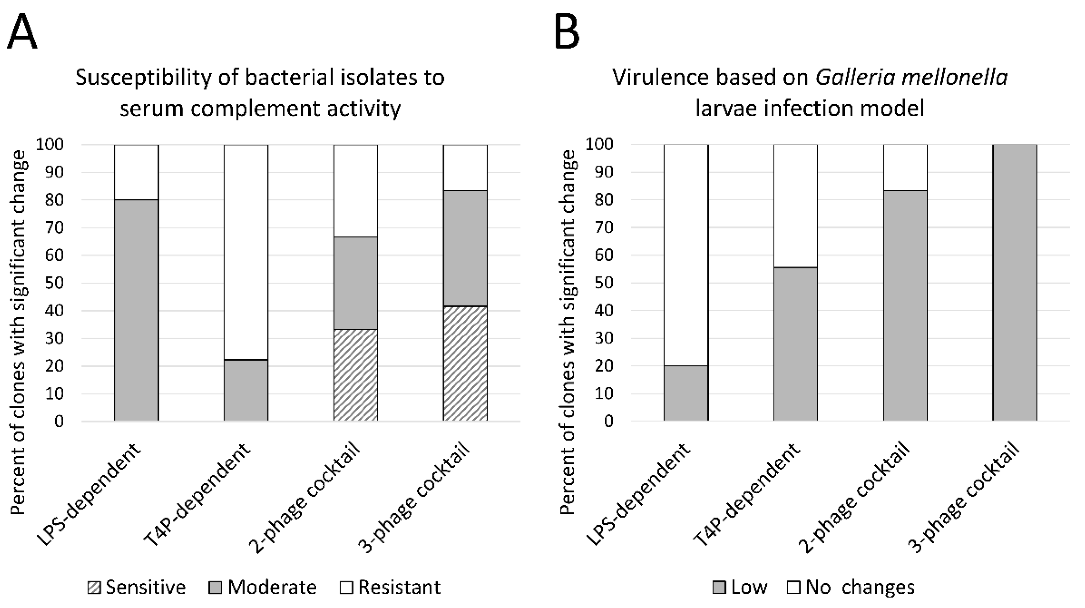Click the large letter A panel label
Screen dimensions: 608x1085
pos(22,32)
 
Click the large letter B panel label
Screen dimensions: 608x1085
pos(566,32)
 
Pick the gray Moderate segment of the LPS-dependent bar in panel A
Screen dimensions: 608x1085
pos(136,310)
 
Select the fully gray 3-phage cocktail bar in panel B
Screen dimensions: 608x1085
pos(1015,282)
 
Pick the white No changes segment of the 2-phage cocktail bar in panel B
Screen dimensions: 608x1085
pos(905,168)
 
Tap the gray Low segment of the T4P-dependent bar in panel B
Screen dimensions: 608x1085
pos(795,344)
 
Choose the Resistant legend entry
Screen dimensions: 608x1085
pos(390,587)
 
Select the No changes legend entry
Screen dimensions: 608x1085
pos(851,587)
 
